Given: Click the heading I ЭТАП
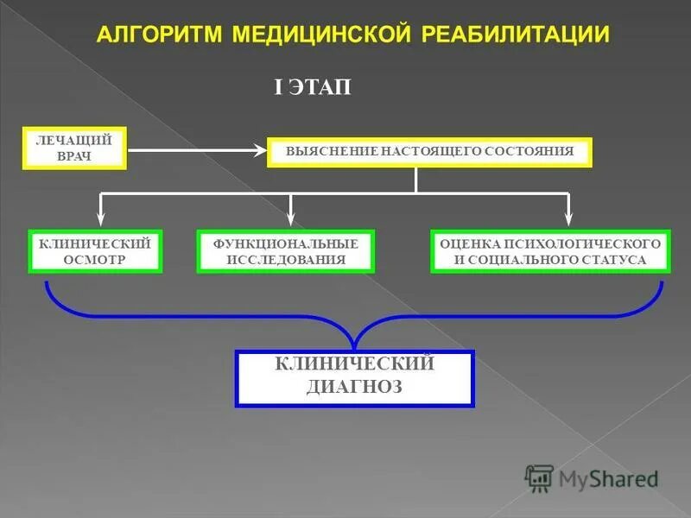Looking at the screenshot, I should tap(313, 89).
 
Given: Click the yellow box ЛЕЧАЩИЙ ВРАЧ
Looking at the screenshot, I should tap(74, 148).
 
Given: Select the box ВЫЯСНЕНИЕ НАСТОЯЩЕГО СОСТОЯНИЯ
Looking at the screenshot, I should tap(429, 151).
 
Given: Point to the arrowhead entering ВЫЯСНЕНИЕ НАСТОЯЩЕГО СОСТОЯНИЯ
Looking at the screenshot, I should tap(261, 150).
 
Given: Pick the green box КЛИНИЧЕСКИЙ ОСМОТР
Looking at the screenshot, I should tap(95, 251).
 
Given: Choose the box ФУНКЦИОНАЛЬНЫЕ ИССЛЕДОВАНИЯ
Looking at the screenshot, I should tap(286, 251).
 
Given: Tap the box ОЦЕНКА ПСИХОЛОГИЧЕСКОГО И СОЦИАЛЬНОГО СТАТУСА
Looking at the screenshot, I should tap(550, 251).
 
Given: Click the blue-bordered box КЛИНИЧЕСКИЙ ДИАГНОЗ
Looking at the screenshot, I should tap(354, 377).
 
